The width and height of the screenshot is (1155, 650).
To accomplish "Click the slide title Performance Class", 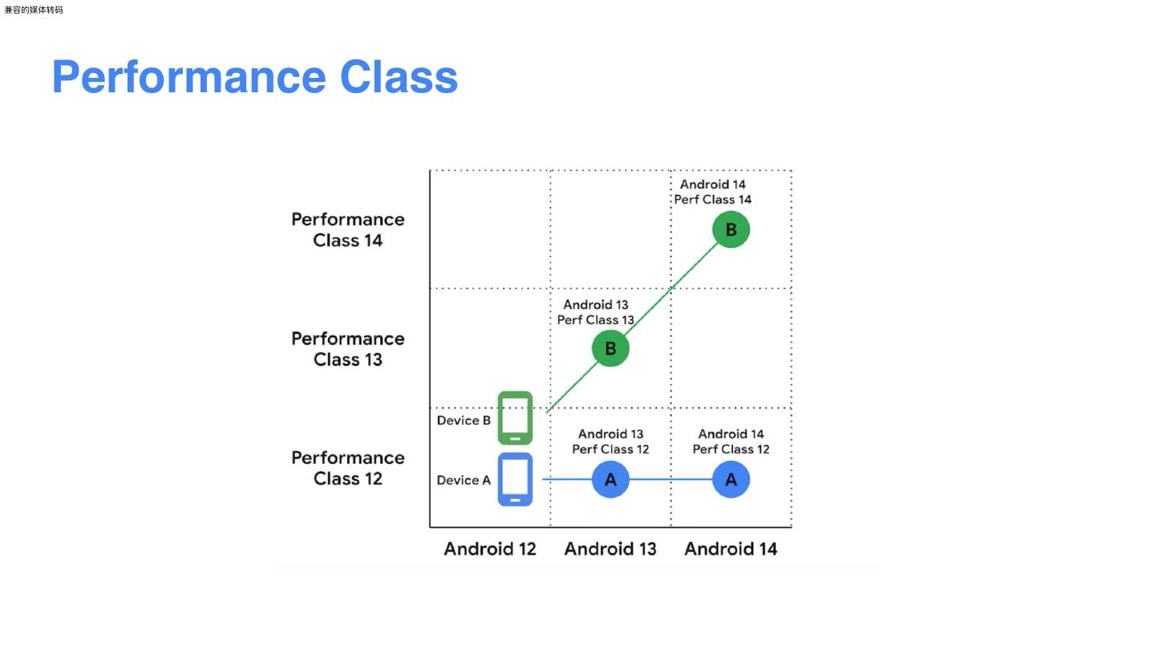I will [x=254, y=77].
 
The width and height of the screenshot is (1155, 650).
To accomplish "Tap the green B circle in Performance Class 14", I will [x=731, y=230].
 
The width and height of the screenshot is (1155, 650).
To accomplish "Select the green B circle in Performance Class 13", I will [x=610, y=349].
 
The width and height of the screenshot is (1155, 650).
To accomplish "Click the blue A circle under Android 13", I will [x=610, y=480].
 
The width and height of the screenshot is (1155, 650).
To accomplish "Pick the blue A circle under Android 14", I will [x=731, y=480].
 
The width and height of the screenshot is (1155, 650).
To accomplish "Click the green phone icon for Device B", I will [x=515, y=417].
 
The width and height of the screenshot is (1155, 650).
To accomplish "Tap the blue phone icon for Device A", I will [x=515, y=479].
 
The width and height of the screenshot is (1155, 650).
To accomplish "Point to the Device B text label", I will [x=464, y=420].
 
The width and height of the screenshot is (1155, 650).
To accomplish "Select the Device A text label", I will [x=464, y=480].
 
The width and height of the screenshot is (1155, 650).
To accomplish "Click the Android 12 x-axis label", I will [x=490, y=549].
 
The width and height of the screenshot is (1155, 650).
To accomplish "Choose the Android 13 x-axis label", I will [x=610, y=549].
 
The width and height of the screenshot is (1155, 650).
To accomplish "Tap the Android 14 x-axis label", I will [x=731, y=549].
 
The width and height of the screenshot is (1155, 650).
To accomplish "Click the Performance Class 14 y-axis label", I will [x=347, y=230].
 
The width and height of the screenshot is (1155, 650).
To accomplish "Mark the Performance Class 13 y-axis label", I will [x=347, y=349].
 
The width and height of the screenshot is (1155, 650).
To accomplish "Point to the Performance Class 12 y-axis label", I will [x=347, y=468].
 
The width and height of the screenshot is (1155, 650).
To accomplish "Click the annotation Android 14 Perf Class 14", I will [x=712, y=192].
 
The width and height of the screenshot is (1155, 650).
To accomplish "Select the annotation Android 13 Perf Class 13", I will [x=596, y=312].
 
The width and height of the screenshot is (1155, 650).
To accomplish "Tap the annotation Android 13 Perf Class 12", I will [x=610, y=441].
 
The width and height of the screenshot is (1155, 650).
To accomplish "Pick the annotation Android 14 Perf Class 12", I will [x=731, y=441].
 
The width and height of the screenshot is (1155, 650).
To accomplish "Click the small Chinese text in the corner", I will [x=34, y=10].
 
